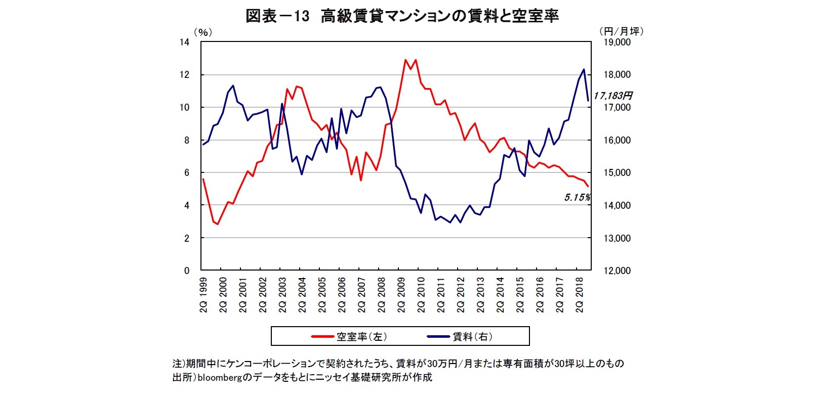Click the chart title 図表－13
coord(277,16)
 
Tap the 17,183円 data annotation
coord(612,96)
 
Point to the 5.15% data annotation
coord(577,198)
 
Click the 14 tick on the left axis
coord(184,42)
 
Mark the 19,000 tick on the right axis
coord(617,42)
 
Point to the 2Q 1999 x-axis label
coord(203,295)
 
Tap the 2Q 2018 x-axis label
coord(580,295)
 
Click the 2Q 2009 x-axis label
coord(401,295)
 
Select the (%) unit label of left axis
coord(203,32)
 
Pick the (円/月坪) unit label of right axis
coord(621,31)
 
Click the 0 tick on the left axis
coord(186,271)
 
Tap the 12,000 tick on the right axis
coord(617,271)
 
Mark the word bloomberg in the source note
coord(220,377)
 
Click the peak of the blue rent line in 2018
coord(584,69)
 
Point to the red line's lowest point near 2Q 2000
coord(218,224)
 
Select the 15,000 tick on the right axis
coord(617,172)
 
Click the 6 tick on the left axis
coord(186,172)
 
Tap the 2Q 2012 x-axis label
coord(461,295)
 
